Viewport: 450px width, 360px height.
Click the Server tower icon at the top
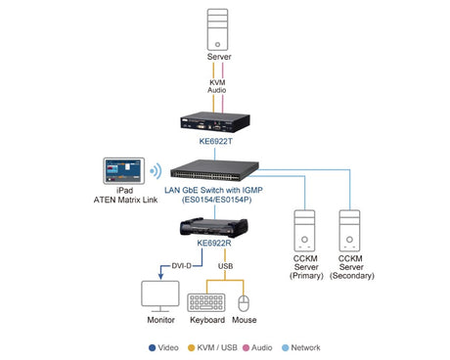217,29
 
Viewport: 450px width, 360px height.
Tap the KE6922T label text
215,141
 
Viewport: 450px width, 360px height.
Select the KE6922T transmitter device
215,122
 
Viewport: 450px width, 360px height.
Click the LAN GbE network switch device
214,170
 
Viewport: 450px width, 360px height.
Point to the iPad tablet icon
124,171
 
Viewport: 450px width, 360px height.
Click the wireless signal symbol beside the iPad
157,171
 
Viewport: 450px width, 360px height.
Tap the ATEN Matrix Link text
125,200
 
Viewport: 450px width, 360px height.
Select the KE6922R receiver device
214,227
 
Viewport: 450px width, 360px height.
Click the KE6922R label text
214,244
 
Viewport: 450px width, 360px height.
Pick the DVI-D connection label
181,266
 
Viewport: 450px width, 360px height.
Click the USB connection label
225,266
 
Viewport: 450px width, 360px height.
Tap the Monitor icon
160,296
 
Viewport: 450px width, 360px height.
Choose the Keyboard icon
206,302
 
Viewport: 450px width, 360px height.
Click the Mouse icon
244,303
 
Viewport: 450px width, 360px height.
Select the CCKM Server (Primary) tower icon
304,231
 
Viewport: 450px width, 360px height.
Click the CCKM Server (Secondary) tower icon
349,231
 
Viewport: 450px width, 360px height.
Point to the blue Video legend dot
152,347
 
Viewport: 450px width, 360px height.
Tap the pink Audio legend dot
246,347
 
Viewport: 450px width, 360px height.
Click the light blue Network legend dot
285,347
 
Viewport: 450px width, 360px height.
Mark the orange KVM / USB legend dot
192,347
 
